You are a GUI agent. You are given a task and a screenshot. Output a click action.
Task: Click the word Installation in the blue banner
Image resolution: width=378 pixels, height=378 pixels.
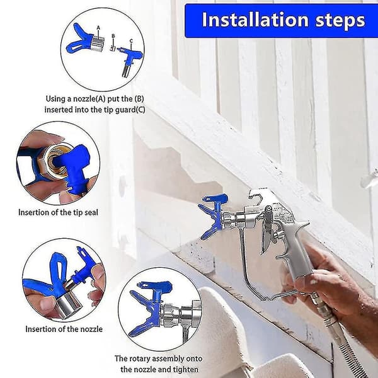[x=255, y=20]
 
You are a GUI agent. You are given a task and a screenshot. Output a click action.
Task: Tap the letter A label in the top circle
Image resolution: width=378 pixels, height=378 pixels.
[x=98, y=28]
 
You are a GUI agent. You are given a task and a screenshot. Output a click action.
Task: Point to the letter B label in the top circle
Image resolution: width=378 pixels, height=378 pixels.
[x=113, y=36]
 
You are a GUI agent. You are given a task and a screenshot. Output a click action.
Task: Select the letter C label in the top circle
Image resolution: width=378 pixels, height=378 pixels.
[x=131, y=41]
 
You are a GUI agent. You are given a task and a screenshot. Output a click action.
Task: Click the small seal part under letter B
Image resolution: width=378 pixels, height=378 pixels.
[x=112, y=48]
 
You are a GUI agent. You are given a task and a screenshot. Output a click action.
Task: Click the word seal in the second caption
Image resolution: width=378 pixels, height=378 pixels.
[x=91, y=212]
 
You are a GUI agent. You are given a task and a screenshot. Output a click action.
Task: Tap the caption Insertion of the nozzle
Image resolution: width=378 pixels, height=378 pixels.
[x=64, y=329]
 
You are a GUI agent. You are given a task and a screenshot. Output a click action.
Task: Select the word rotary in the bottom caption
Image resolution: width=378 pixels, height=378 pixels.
[x=140, y=358]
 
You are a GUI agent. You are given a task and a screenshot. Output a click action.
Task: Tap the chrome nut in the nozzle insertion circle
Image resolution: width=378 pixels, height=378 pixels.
[x=67, y=304]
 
